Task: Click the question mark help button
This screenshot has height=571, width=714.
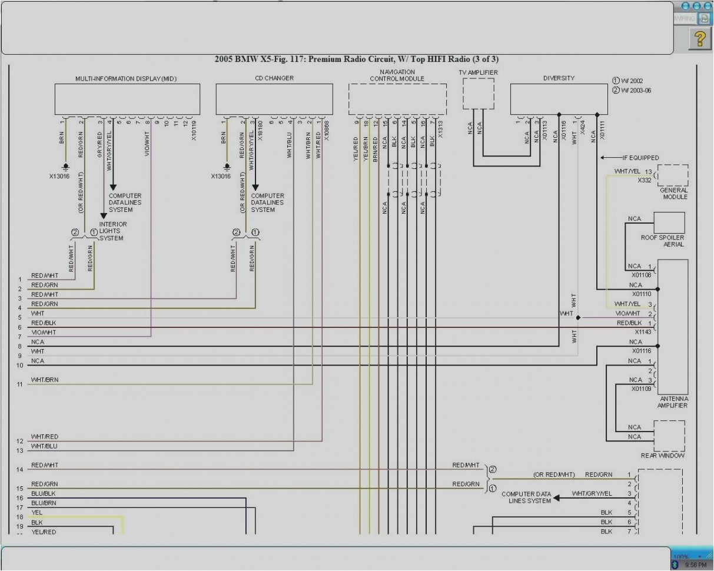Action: tap(699, 39)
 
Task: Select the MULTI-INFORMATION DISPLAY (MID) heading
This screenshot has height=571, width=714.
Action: tap(126, 78)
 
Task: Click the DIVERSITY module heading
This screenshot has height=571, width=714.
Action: tap(559, 78)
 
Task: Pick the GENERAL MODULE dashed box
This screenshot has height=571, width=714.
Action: tap(673, 175)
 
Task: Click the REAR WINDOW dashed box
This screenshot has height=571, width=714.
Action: tap(669, 436)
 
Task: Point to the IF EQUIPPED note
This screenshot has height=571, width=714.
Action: tap(641, 158)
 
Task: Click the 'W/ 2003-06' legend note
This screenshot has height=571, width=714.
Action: tap(631, 91)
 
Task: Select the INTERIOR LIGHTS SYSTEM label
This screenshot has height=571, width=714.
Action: tap(112, 231)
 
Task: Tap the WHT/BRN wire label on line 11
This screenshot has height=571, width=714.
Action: tap(45, 380)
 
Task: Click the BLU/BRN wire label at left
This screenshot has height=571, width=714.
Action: tap(44, 503)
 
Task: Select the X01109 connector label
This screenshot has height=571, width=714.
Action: tap(642, 389)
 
